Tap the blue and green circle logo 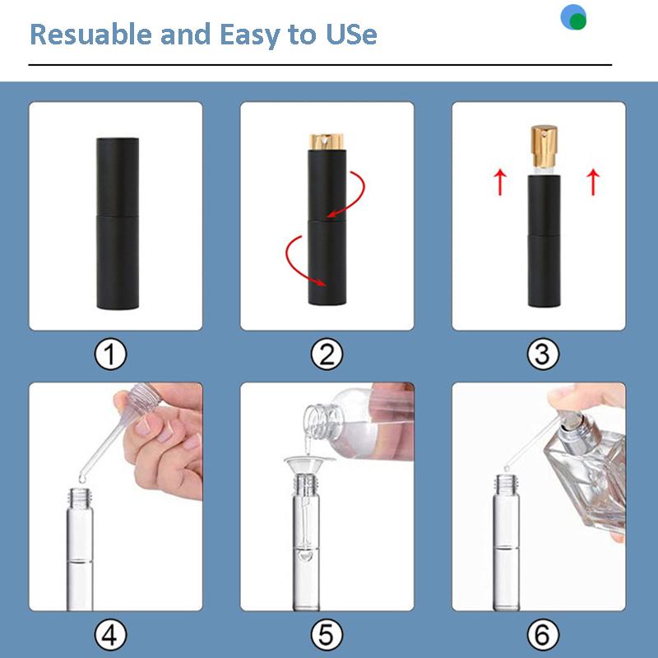[573, 18]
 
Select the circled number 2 [327, 354]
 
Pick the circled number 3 [540, 354]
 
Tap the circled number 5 [327, 634]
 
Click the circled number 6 [540, 634]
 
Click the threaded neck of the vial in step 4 [82, 497]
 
